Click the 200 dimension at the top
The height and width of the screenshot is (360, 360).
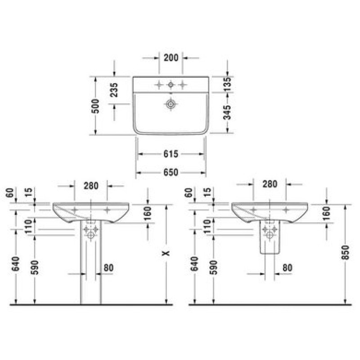[171, 58]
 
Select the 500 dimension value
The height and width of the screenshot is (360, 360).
[95, 106]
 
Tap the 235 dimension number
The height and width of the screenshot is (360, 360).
[114, 90]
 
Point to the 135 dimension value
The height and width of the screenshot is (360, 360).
[227, 84]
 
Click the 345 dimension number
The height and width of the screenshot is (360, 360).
[227, 112]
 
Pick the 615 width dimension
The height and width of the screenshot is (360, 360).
[171, 154]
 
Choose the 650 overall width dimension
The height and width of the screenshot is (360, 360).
[171, 172]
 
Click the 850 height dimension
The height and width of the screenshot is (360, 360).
[345, 252]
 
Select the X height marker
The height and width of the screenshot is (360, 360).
[166, 253]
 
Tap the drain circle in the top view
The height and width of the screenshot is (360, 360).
[171, 104]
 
